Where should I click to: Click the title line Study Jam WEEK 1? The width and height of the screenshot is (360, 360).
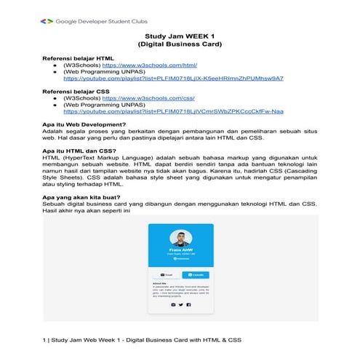click(x=180, y=35)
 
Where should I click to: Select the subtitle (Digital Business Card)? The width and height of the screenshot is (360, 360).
click(x=180, y=44)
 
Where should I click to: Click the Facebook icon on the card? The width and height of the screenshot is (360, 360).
click(x=188, y=305)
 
